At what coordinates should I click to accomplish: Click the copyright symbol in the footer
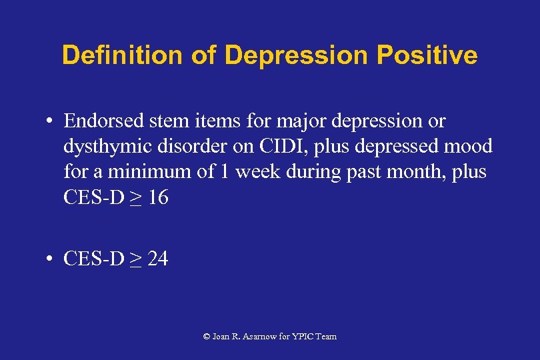(x=207, y=337)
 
